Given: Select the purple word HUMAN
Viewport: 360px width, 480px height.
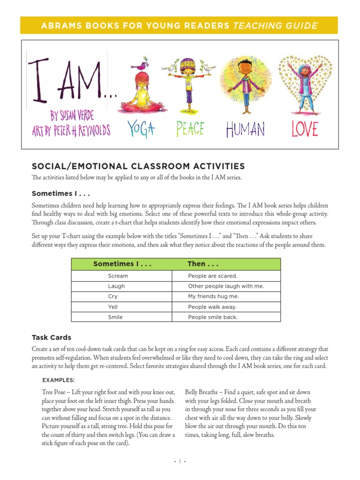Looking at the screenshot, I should [x=245, y=129].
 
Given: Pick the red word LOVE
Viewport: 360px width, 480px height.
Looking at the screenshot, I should [x=304, y=129].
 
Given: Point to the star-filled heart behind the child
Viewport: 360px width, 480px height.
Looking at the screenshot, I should [x=306, y=84].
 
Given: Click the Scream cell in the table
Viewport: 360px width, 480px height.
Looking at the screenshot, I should [x=118, y=276].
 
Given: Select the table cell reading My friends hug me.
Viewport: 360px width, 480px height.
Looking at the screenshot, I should [x=213, y=297].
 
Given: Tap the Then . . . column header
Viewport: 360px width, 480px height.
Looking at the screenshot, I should [x=203, y=264].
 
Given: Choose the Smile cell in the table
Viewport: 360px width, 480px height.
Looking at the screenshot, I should [x=115, y=317].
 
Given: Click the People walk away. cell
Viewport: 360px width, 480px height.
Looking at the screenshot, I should [x=212, y=307].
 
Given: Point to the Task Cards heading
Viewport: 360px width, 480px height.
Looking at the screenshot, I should [x=52, y=337].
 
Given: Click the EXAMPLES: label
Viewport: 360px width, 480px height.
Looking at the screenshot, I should [x=58, y=380].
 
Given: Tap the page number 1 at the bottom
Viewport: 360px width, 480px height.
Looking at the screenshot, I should [x=180, y=462].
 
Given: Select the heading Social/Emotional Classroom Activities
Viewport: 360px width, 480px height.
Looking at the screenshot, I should [x=138, y=166].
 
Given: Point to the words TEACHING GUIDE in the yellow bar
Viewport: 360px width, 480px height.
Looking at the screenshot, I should [x=275, y=26].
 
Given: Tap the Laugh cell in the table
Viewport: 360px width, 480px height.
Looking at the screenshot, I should [x=116, y=286].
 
